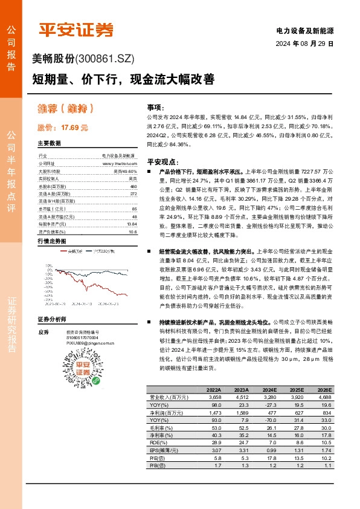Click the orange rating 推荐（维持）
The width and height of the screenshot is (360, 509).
coord(65,109)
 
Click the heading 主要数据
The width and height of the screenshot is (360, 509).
coord(49,144)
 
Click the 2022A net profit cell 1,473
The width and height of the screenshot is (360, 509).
coord(214,412)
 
